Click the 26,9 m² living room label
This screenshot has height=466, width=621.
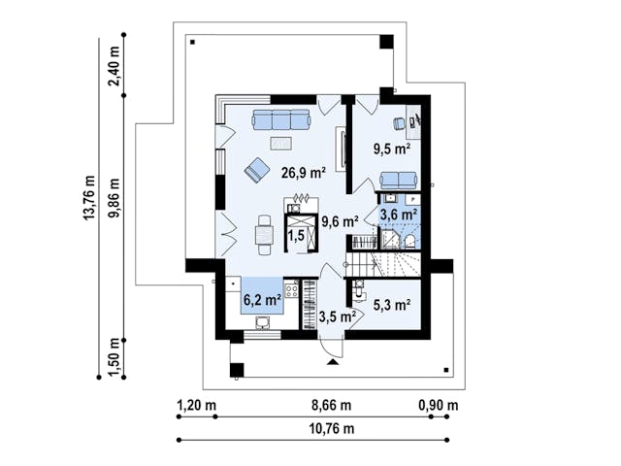(304, 173)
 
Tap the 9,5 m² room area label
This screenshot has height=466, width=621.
(392, 149)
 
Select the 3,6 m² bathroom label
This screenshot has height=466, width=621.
(399, 215)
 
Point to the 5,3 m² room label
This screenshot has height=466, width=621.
(392, 304)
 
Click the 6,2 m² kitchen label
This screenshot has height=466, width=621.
(262, 300)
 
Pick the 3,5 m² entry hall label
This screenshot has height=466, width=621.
(338, 316)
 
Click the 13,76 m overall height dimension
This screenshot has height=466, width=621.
(90, 197)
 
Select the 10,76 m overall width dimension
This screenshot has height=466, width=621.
(332, 429)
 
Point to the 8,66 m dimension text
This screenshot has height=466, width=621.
(332, 406)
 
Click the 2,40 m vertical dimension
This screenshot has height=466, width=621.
(114, 66)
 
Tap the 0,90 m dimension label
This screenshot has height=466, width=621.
(439, 406)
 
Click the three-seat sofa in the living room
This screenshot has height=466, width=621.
(281, 119)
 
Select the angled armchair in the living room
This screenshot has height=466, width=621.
(257, 170)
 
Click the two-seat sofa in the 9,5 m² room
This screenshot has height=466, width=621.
(399, 181)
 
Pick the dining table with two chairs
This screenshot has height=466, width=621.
(264, 235)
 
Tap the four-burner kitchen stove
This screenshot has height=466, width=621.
(292, 290)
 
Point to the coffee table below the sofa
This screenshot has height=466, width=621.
(281, 143)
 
